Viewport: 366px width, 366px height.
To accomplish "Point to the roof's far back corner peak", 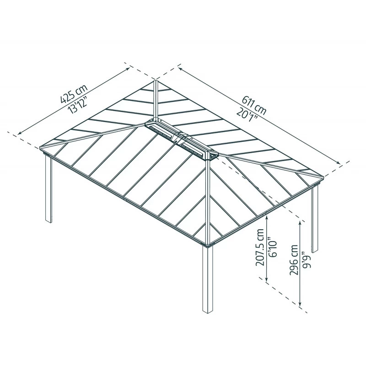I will pos(156,81).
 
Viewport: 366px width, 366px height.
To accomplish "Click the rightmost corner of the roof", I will pos(323,176).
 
